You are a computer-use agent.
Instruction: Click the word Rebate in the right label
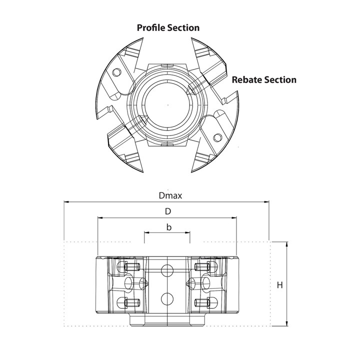pos(247,79)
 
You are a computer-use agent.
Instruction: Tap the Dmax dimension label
pos(167,195)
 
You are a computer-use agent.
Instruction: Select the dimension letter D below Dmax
pos(167,211)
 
